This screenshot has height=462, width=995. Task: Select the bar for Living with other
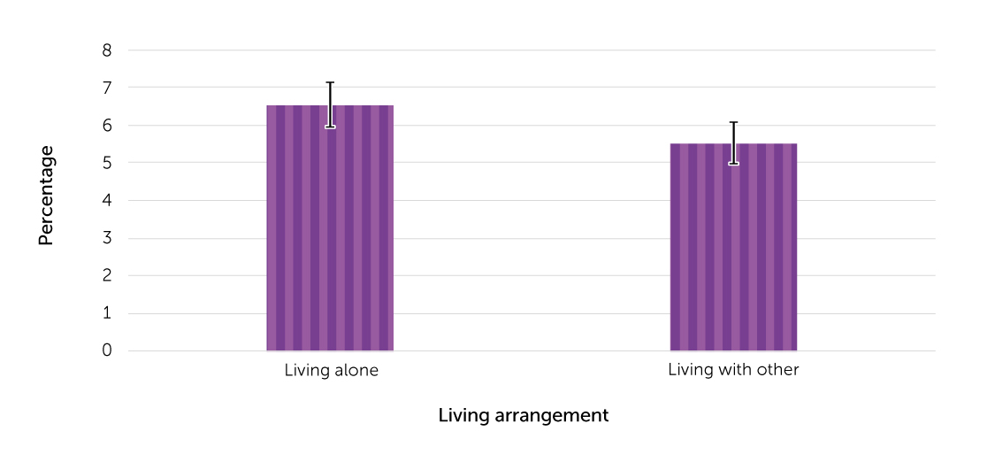click(733, 247)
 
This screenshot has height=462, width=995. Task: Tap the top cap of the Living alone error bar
click(330, 82)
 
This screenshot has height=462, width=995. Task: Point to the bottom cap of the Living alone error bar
click(330, 127)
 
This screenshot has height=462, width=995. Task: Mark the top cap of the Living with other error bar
click(733, 122)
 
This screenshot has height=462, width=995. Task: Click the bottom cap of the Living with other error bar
click(733, 164)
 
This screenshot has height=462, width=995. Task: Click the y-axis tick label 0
click(107, 350)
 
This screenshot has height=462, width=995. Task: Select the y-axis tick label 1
click(107, 313)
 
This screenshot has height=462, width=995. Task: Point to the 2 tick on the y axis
click(107, 275)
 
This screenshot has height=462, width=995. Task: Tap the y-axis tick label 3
click(107, 238)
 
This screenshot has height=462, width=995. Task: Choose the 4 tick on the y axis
click(107, 200)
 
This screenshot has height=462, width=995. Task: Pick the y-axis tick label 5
click(107, 163)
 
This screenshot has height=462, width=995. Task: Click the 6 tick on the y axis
click(107, 126)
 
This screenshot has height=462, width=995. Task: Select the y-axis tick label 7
click(107, 88)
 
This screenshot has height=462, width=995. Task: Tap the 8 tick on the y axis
click(107, 50)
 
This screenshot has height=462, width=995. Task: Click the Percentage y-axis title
click(46, 196)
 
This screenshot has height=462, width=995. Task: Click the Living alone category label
click(331, 371)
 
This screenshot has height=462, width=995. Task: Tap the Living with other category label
click(733, 370)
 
